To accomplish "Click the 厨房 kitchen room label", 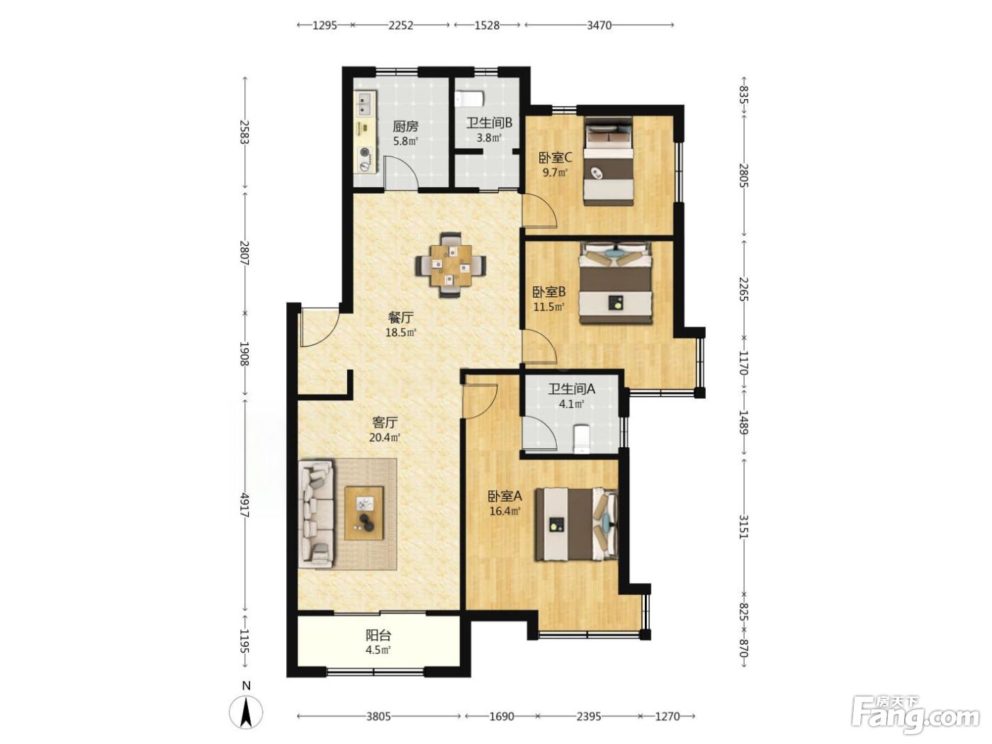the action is [x=405, y=126].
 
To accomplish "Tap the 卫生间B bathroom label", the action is [x=489, y=123].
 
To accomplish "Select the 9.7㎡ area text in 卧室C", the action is [x=555, y=172].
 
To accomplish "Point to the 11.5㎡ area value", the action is [x=549, y=308].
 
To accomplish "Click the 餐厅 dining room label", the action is [x=400, y=317].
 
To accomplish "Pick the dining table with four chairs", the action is [x=451, y=265].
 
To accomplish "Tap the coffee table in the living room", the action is [x=363, y=513].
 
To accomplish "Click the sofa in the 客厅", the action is [x=316, y=514].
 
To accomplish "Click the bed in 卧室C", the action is [x=608, y=162].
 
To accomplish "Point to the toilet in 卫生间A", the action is [x=581, y=438].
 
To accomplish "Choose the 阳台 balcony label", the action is [x=378, y=636].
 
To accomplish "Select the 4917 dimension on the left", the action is [x=244, y=505].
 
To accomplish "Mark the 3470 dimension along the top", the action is [x=599, y=26].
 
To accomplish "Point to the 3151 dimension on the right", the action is [x=744, y=526].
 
